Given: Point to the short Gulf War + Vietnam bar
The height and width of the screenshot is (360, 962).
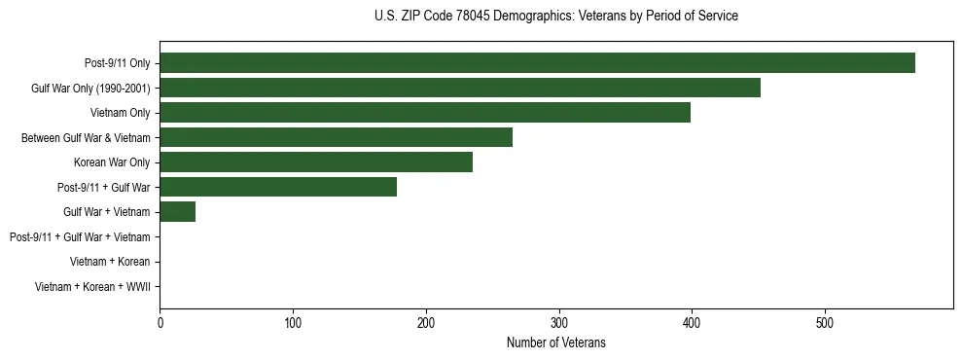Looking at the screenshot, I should (x=178, y=212).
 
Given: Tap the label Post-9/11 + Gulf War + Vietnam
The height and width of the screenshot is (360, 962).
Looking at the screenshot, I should (x=80, y=237).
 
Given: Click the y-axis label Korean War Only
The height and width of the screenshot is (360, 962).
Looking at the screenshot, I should (x=112, y=162).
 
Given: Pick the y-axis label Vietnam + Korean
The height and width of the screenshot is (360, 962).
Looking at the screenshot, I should (x=110, y=262).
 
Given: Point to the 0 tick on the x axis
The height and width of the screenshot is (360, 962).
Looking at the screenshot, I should (x=160, y=323).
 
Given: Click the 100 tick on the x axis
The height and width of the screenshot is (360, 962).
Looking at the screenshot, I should (x=293, y=323).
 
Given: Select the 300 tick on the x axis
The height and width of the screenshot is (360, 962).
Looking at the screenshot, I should (x=558, y=323).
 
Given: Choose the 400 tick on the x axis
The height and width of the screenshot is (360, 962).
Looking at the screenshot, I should (x=692, y=323).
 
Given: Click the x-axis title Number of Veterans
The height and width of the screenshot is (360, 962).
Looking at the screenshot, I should (x=555, y=342).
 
